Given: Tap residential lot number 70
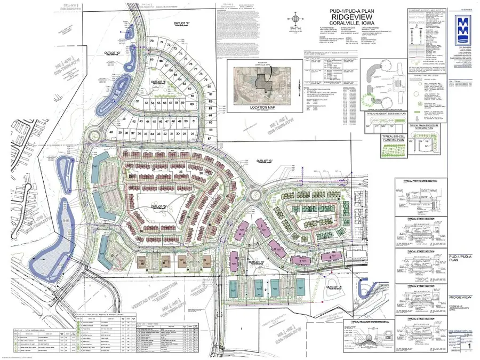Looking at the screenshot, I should (x=153, y=42).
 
